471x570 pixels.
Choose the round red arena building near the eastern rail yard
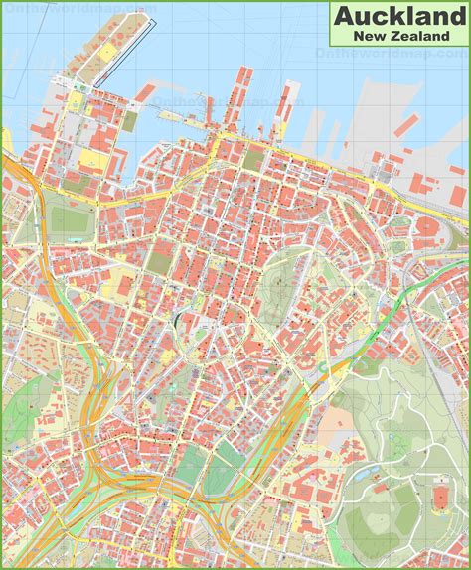point(425,226)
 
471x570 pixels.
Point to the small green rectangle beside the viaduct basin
point(130,120)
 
